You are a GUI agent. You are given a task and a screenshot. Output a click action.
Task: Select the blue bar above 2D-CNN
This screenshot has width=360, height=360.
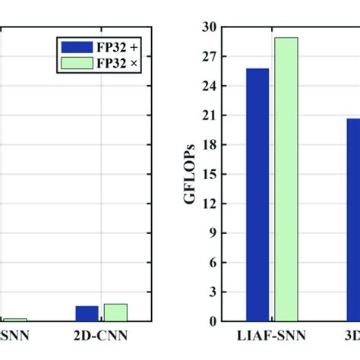coord(87,313)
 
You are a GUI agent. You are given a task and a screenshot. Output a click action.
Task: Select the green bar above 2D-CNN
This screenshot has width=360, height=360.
coord(115,311)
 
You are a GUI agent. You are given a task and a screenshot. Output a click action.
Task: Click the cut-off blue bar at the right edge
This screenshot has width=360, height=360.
coord(353,219)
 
